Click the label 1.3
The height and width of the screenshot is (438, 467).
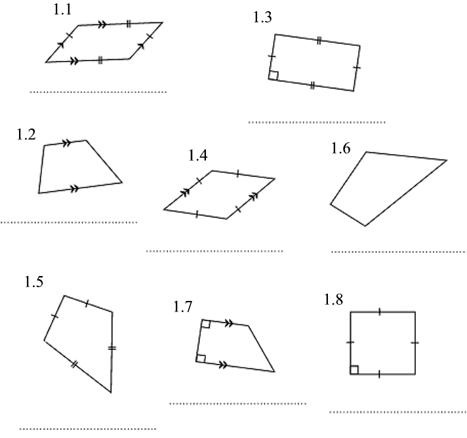coord(262,18)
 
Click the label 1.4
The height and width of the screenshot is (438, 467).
coord(197,155)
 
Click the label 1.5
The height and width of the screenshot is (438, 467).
coord(34,282)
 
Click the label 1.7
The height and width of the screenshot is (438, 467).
coord(183,306)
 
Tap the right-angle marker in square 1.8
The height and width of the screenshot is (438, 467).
coord(354,370)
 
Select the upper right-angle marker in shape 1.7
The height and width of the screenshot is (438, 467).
coord(206,323)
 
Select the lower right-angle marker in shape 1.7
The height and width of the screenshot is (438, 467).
coord(201,358)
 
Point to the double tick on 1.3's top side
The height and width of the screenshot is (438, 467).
coord(318,41)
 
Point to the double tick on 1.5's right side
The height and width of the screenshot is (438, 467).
coord(112,348)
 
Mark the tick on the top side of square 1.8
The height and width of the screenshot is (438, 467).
coord(380,312)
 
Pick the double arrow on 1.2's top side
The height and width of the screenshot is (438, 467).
coord(66,142)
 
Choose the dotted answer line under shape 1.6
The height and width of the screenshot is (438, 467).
coord(398,251)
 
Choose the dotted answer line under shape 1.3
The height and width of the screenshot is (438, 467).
coord(317,122)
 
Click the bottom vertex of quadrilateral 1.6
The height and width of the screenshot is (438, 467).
coord(365,226)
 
